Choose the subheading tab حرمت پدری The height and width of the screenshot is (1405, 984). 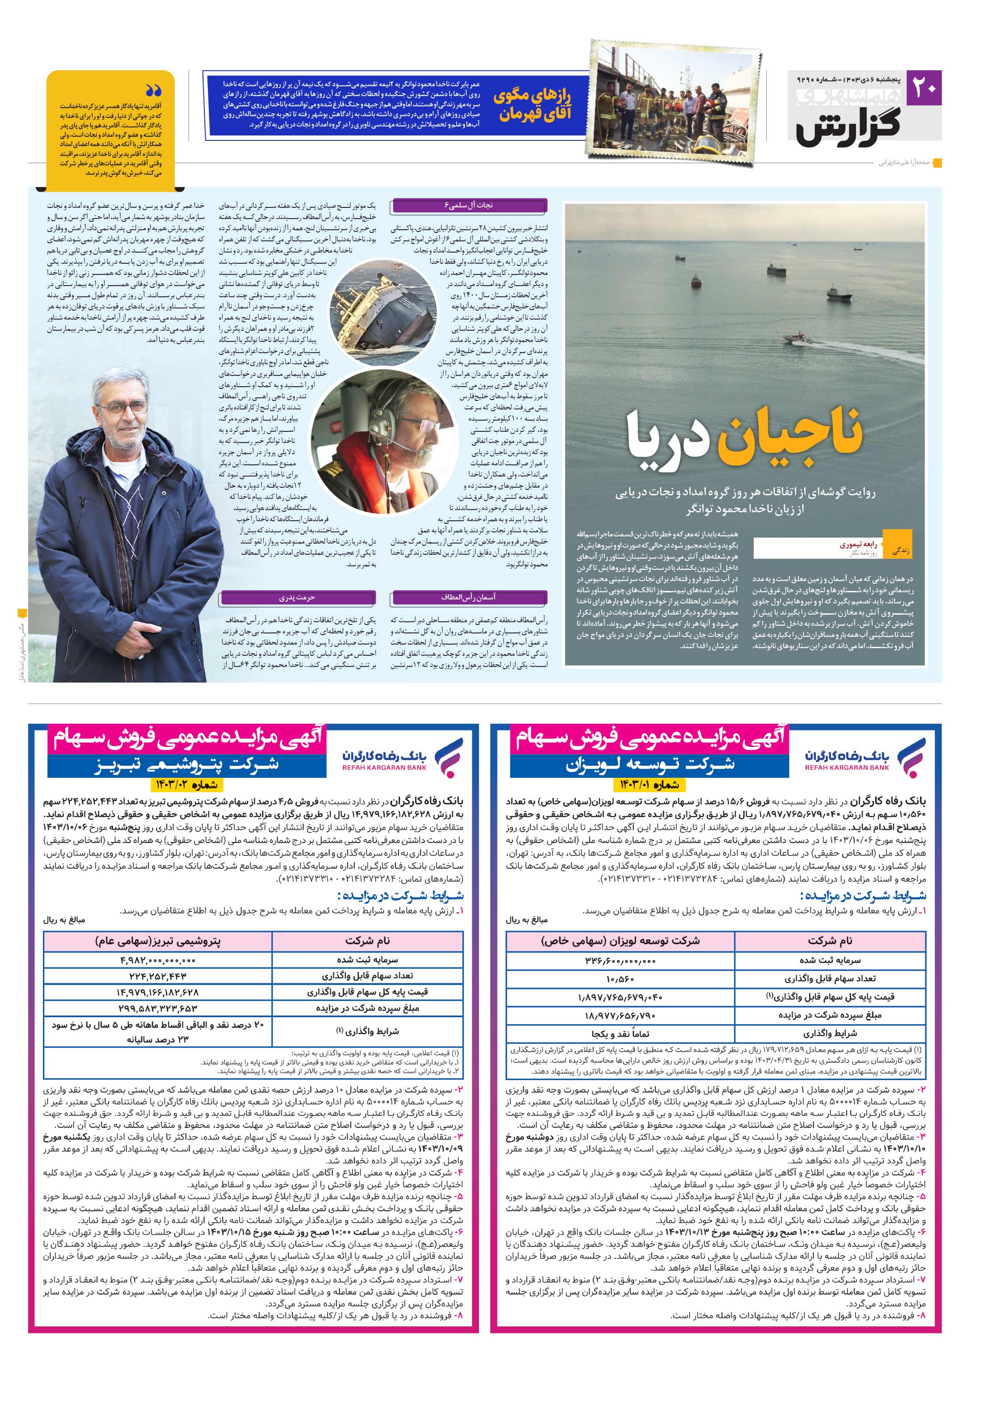[x=297, y=597]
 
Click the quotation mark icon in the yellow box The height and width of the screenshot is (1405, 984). [x=154, y=91]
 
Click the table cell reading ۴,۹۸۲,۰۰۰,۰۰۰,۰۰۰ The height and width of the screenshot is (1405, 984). [x=157, y=960]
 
